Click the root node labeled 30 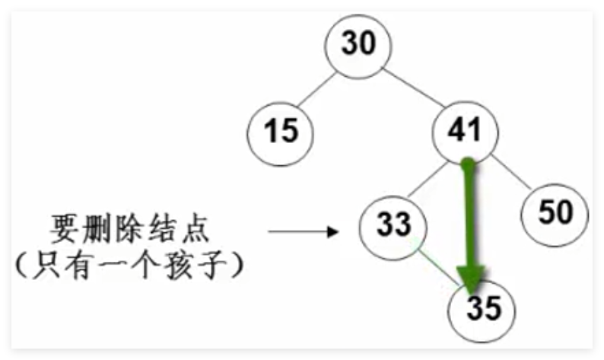(358, 46)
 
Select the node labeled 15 (281, 134)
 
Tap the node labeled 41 (465, 133)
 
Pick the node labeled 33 (393, 228)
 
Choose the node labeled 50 (555, 215)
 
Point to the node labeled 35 (482, 311)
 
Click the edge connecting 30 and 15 (316, 89)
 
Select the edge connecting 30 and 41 (413, 87)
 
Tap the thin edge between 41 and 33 (428, 180)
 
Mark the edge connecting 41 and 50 (511, 172)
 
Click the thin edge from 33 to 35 (439, 268)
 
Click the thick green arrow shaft (469, 216)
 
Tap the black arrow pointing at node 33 (304, 231)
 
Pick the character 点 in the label (196, 229)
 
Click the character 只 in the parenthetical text (46, 265)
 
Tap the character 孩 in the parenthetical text (179, 265)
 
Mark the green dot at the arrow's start (469, 164)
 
